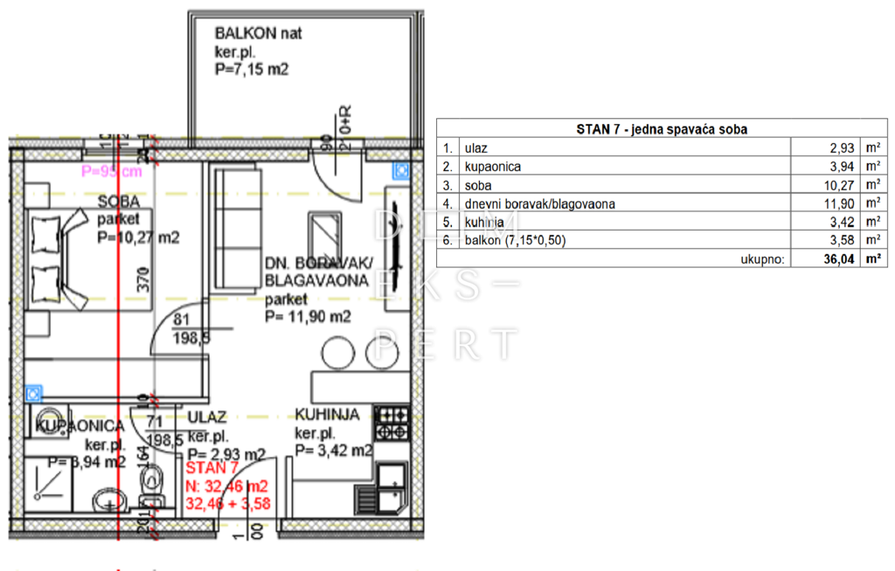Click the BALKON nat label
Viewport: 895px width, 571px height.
click(259, 34)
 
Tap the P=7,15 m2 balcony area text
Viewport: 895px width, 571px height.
click(251, 71)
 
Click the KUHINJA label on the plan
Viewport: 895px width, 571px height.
click(327, 415)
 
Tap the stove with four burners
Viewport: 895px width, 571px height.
click(391, 423)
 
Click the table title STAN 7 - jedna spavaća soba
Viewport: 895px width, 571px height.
click(661, 129)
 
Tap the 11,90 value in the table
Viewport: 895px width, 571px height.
click(837, 203)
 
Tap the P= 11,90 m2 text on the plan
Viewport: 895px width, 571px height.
click(308, 317)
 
